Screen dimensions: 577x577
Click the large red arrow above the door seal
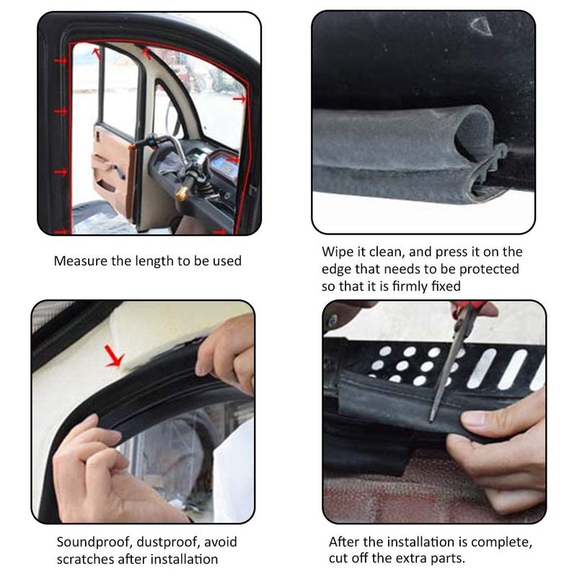pyautogui.click(x=114, y=356)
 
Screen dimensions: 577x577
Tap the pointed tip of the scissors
pyautogui.click(x=431, y=421)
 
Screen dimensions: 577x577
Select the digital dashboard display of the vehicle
pyautogui.click(x=224, y=167)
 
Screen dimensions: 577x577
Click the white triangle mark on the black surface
pyautogui.click(x=481, y=26)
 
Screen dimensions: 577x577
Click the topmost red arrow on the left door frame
pyautogui.click(x=60, y=61)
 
